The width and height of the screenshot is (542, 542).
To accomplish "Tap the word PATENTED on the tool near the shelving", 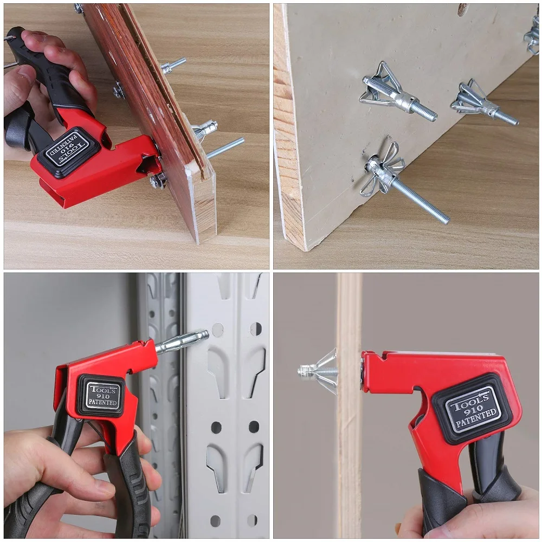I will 102,403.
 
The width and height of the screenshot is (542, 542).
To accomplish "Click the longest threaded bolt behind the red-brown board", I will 225,147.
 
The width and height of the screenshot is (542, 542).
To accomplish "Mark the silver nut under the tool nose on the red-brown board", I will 157,182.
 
